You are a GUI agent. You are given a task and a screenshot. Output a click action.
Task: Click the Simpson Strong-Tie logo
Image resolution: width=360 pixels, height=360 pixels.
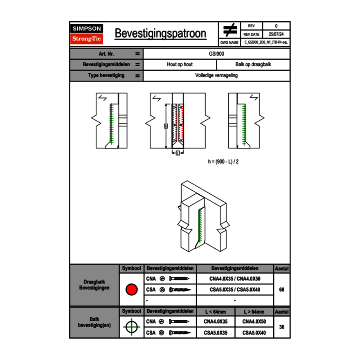[87, 34]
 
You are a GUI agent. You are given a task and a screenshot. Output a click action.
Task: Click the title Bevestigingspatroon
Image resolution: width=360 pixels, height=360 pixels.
[160, 34]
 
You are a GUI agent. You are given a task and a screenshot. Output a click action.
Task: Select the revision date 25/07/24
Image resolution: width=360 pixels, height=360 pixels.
[276, 34]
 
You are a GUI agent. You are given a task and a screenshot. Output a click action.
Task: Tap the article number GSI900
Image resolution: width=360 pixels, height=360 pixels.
[216, 54]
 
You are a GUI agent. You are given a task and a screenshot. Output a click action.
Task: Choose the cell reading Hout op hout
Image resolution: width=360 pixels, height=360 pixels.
[180, 65]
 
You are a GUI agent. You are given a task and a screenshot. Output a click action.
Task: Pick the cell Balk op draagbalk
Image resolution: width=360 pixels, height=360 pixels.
[253, 65]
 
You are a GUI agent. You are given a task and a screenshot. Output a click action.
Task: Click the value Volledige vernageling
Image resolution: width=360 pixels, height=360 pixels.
[216, 76]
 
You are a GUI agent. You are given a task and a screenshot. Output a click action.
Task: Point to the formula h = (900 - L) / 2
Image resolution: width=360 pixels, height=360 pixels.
[223, 162]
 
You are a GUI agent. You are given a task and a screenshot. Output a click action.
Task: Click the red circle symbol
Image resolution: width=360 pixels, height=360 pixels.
[131, 290]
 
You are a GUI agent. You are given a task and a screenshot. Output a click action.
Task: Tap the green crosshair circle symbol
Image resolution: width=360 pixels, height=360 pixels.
[131, 327]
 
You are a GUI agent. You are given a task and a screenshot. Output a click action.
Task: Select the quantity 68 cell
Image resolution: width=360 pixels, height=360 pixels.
[281, 290]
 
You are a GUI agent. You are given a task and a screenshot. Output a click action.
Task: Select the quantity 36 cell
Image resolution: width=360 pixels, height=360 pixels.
[281, 327]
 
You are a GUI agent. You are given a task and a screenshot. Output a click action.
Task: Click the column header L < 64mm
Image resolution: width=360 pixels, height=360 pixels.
[215, 312]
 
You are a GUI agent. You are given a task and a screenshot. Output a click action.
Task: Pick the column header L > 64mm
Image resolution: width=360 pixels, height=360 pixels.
[254, 312]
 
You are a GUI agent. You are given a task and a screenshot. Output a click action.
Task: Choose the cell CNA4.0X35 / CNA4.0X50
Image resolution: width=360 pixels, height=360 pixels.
[235, 279]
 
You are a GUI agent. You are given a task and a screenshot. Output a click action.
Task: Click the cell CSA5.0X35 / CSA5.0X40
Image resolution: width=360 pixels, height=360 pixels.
[235, 290]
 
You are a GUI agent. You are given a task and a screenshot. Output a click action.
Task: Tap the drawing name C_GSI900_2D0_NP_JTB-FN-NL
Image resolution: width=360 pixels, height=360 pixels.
[265, 42]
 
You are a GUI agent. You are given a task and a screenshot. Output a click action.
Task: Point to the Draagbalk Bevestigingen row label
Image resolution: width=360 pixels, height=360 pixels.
[94, 285]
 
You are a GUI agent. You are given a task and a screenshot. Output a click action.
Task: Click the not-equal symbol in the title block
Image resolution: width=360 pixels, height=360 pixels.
[229, 30]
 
